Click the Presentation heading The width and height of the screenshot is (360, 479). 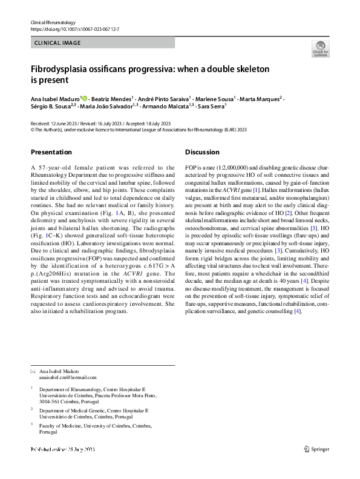pos(51,152)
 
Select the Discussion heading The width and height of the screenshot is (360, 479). pos(202,152)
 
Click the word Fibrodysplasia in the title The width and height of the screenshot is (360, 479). pos(61,70)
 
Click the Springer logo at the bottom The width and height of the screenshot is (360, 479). pos(317,449)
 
